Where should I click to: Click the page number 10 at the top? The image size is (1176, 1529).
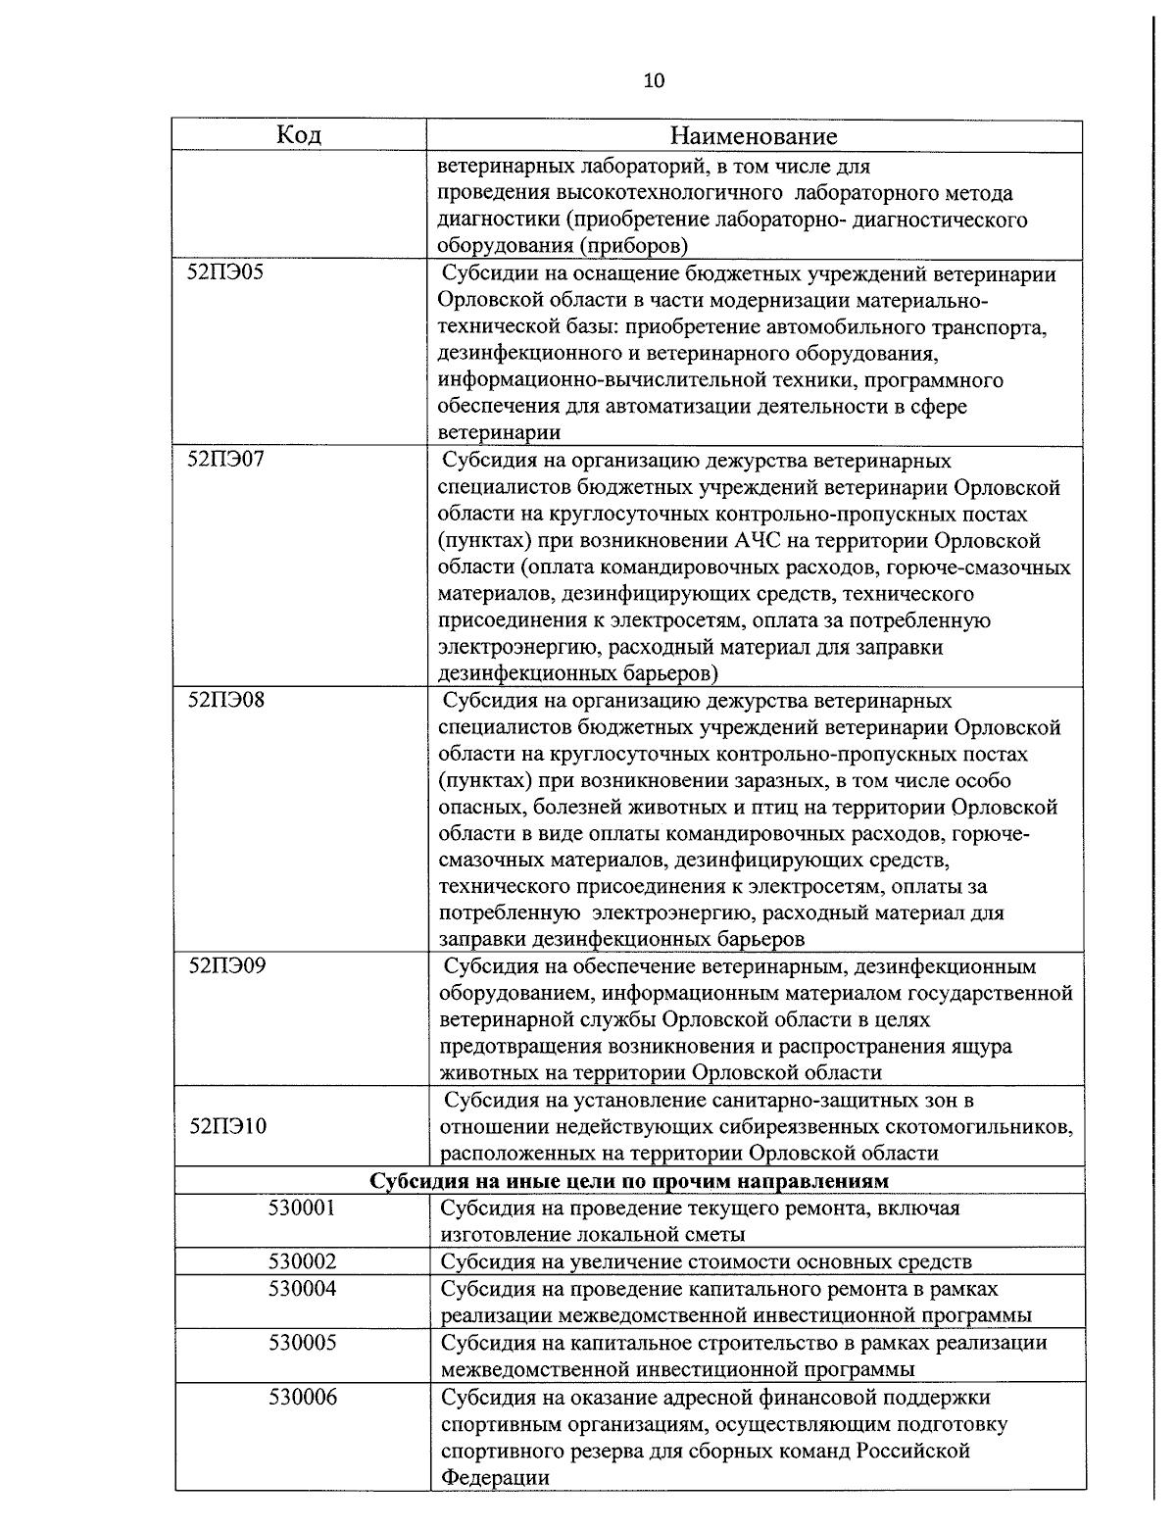point(654,80)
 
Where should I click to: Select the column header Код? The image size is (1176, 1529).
point(299,134)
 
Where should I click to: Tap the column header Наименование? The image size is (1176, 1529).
point(755,135)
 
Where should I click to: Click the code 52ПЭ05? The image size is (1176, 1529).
point(225,273)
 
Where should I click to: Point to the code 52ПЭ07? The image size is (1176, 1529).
point(225,460)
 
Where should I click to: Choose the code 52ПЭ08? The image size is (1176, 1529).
point(225,701)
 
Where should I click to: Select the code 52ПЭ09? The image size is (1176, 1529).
point(225,966)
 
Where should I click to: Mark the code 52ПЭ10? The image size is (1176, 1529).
point(227,1126)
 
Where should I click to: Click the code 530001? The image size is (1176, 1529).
point(302,1208)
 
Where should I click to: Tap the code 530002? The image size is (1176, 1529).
point(302,1260)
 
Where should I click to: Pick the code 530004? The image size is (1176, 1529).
point(302,1288)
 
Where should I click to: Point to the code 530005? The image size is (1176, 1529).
point(302,1342)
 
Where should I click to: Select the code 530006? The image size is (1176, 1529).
point(302,1397)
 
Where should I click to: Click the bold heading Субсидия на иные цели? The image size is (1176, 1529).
point(628,1179)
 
